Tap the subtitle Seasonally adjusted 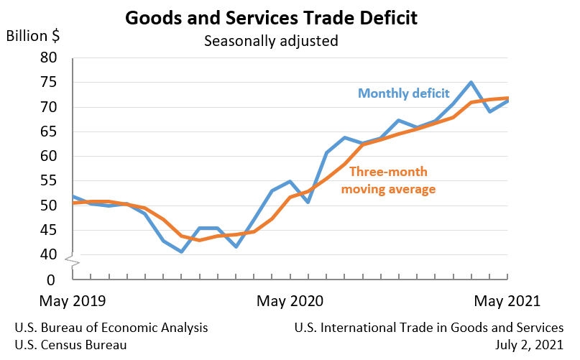[271, 41]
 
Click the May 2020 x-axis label [290, 300]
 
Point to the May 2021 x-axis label [507, 300]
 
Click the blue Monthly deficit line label [404, 93]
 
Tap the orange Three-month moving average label [389, 180]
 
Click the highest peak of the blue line [471, 82]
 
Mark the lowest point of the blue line [181, 251]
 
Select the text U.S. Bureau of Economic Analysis [111, 328]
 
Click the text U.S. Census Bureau [70, 344]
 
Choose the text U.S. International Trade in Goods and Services [429, 328]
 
